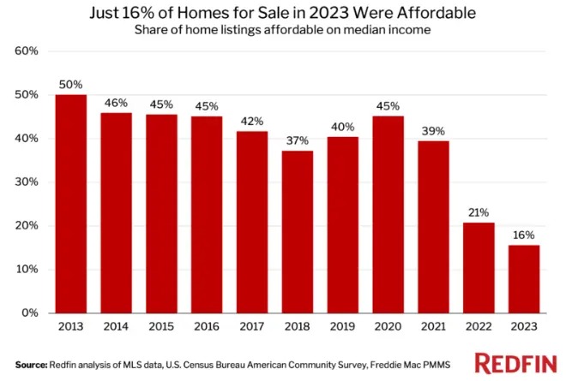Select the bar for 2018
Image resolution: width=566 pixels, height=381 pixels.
(298, 232)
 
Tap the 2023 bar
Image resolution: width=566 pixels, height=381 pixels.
(524, 279)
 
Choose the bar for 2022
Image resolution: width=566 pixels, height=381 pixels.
(479, 268)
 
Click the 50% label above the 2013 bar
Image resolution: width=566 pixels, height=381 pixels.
(70, 84)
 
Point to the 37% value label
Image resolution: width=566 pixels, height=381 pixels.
(298, 140)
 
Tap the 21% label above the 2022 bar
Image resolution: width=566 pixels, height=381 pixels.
(479, 211)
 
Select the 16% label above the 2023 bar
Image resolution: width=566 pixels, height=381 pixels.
(524, 234)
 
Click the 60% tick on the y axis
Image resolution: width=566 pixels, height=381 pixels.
(27, 51)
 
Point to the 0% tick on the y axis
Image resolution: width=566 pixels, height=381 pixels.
(31, 313)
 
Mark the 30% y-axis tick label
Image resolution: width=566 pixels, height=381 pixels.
(27, 182)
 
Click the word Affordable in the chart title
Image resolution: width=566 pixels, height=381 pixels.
(404, 15)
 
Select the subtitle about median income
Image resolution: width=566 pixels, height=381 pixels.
(282, 32)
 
